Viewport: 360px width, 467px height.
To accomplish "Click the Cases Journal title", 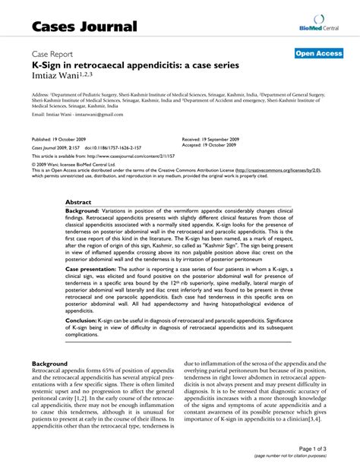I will (x=85, y=27).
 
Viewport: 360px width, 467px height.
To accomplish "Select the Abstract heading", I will (x=79, y=203).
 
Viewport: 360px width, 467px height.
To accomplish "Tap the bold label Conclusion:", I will (x=81, y=321).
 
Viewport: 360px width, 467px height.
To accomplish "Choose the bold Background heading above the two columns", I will (x=53, y=364).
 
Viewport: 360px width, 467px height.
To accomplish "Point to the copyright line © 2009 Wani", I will (x=74, y=164).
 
